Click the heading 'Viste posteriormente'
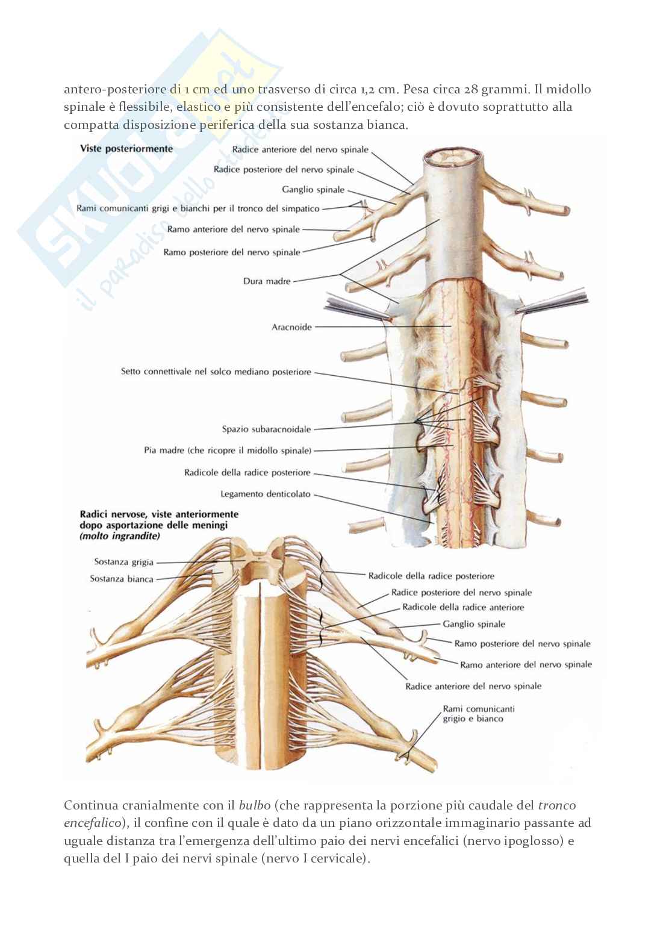(x=126, y=149)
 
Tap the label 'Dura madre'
(x=267, y=281)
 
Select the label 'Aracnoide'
(x=291, y=327)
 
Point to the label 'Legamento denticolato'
(x=266, y=494)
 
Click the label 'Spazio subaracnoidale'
(x=266, y=429)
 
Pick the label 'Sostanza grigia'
(x=123, y=562)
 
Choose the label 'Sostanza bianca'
(x=122, y=579)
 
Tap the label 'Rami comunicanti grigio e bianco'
(x=479, y=714)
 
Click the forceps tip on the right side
(x=517, y=312)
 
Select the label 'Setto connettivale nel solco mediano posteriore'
(x=216, y=372)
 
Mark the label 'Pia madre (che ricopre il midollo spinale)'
(x=228, y=450)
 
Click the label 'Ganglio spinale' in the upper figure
(x=313, y=189)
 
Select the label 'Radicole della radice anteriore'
(x=463, y=607)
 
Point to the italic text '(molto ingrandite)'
(x=120, y=536)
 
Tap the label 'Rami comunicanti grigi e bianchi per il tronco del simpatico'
(x=198, y=208)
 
